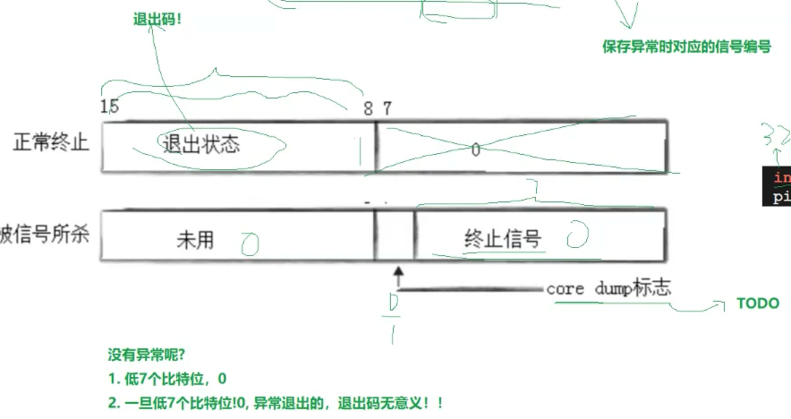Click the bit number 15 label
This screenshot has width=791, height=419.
click(109, 107)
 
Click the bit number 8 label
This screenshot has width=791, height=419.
click(368, 107)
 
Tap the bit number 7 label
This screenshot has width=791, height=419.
click(387, 107)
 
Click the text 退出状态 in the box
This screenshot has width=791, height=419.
click(201, 143)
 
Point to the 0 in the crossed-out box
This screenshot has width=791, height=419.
click(475, 150)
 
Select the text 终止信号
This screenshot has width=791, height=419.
click(502, 238)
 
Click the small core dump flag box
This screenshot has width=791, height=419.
click(395, 235)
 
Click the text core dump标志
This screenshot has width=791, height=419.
click(608, 289)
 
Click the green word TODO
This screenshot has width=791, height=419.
click(757, 304)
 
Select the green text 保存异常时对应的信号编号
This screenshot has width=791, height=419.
click(686, 47)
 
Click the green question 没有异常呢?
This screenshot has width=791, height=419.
click(146, 354)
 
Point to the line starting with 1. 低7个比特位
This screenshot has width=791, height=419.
click(161, 379)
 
